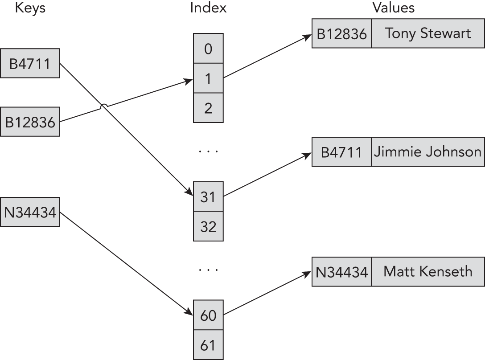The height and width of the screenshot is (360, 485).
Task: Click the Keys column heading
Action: point(30,8)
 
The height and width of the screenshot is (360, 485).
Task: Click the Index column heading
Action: point(208,8)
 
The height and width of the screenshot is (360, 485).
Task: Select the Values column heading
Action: point(393,8)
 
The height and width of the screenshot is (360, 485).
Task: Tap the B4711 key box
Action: point(30,63)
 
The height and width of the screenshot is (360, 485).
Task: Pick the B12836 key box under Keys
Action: point(30,121)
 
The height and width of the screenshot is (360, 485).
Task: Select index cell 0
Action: point(208,49)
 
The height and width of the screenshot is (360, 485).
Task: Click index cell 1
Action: point(208,78)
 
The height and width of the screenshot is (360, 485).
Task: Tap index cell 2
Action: point(208,107)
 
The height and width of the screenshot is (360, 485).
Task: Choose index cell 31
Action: point(208,196)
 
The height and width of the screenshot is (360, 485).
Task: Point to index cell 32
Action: point(208,226)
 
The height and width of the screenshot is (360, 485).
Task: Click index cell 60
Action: point(208,315)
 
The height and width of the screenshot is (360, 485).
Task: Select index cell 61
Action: point(208,345)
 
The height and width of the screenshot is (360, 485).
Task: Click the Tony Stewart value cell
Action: point(427,33)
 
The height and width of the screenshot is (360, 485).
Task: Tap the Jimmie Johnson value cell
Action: point(427,152)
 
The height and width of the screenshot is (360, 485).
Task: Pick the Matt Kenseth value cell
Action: point(427,271)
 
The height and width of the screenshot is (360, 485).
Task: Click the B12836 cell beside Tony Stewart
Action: point(341,33)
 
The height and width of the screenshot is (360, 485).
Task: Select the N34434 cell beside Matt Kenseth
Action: point(341,271)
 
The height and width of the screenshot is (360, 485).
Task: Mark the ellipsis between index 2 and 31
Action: point(208,151)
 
